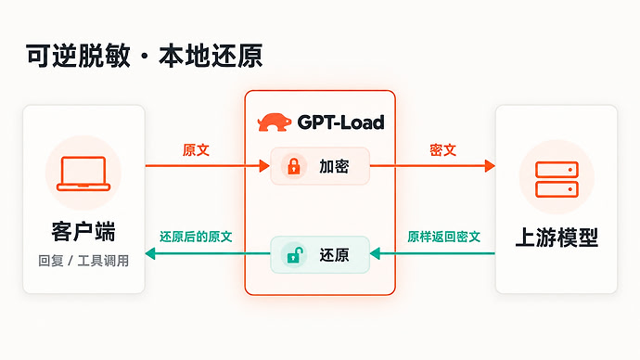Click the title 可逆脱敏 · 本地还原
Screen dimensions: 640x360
pyautogui.click(x=144, y=56)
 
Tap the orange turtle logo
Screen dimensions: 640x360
pyautogui.click(x=275, y=122)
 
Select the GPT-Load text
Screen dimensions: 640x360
pyautogui.click(x=340, y=122)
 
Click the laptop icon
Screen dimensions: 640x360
pyautogui.click(x=83, y=174)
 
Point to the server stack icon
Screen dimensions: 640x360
pyautogui.click(x=557, y=179)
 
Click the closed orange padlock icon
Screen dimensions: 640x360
pyautogui.click(x=294, y=166)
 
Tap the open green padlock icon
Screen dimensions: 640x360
pyautogui.click(x=295, y=255)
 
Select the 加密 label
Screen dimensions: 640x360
pyautogui.click(x=334, y=166)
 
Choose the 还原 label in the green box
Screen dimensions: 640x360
pyautogui.click(x=334, y=255)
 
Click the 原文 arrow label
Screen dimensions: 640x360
pyautogui.click(x=196, y=149)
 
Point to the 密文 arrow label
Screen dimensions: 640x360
pyautogui.click(x=442, y=149)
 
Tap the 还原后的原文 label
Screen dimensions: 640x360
pyautogui.click(x=196, y=237)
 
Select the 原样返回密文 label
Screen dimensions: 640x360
pyautogui.click(x=443, y=237)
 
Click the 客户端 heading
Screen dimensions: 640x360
pyautogui.click(x=83, y=231)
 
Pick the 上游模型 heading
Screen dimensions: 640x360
pyautogui.click(x=557, y=238)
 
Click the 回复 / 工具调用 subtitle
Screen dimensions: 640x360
pyautogui.click(x=83, y=261)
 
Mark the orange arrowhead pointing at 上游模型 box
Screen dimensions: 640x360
pyautogui.click(x=490, y=166)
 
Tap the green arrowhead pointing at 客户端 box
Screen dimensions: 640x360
pyautogui.click(x=150, y=253)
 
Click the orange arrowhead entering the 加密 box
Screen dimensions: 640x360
pyautogui.click(x=264, y=166)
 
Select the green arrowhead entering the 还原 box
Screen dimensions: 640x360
pyautogui.click(x=375, y=253)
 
